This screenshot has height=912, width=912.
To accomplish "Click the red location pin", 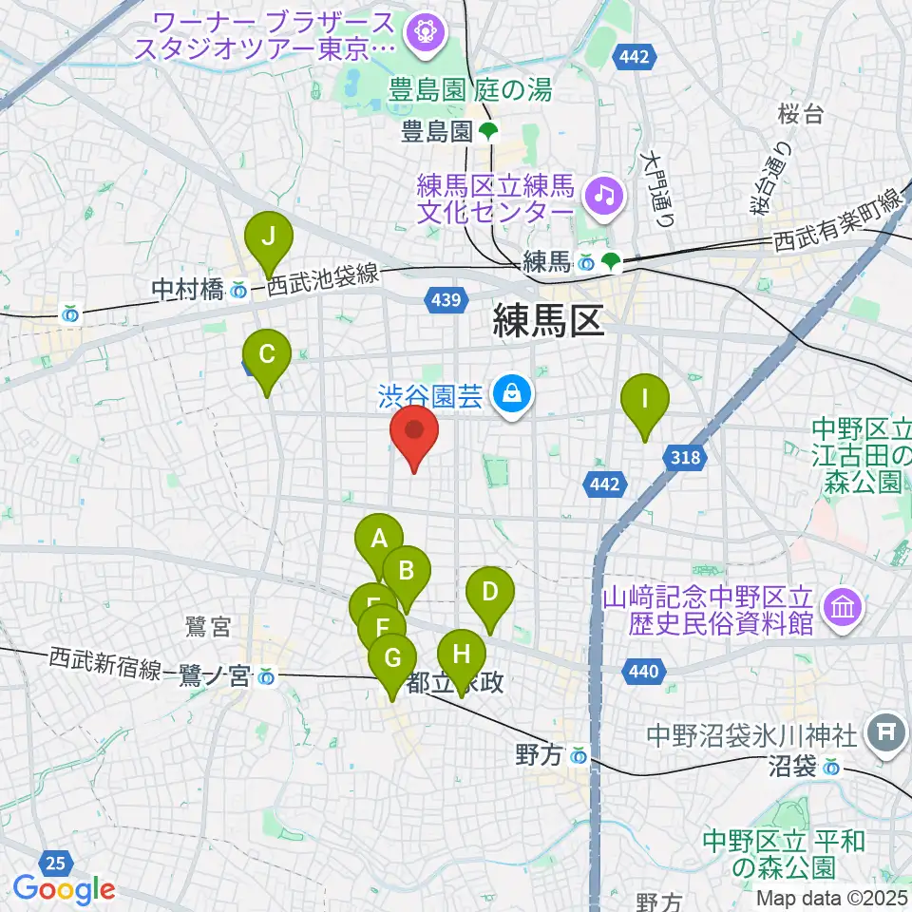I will coord(415,433).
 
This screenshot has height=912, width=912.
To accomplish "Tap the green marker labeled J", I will coord(269,237).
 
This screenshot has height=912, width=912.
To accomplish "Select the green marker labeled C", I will coord(267,356).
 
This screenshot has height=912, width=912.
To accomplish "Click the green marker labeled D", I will coord(490,594).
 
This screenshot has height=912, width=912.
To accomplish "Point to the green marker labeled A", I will coord(379,541).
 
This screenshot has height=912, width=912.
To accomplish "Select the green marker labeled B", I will coord(407,573).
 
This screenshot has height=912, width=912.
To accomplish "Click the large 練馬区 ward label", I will coord(549,323).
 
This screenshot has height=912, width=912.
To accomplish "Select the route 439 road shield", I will coord(447,301).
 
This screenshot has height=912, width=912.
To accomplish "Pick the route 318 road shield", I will coord(688,459).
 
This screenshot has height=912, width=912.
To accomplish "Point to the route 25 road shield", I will coord(56,863).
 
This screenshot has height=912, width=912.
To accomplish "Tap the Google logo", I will coord(64,890).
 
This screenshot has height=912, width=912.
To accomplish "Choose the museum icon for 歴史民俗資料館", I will coord(843,604).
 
